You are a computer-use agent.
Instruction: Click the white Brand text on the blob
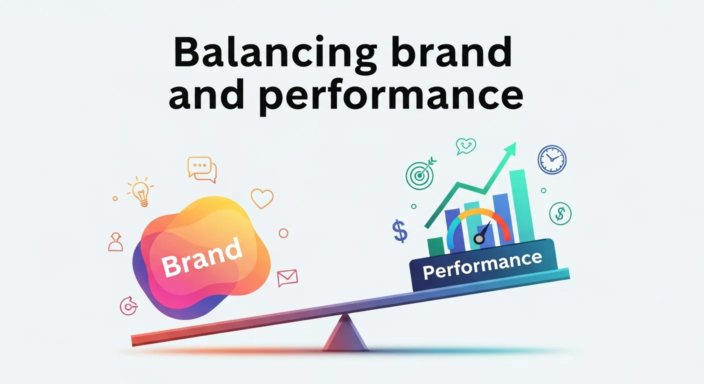(x=201, y=258)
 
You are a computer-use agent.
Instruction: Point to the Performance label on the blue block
(x=482, y=266)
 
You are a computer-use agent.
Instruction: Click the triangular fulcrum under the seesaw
(x=345, y=333)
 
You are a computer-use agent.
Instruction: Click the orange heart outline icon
(x=262, y=198)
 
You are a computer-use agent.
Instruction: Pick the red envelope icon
(x=287, y=277)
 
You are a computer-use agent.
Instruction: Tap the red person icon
(x=115, y=242)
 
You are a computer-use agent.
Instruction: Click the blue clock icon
(x=551, y=159)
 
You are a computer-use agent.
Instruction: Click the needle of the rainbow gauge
(x=482, y=234)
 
